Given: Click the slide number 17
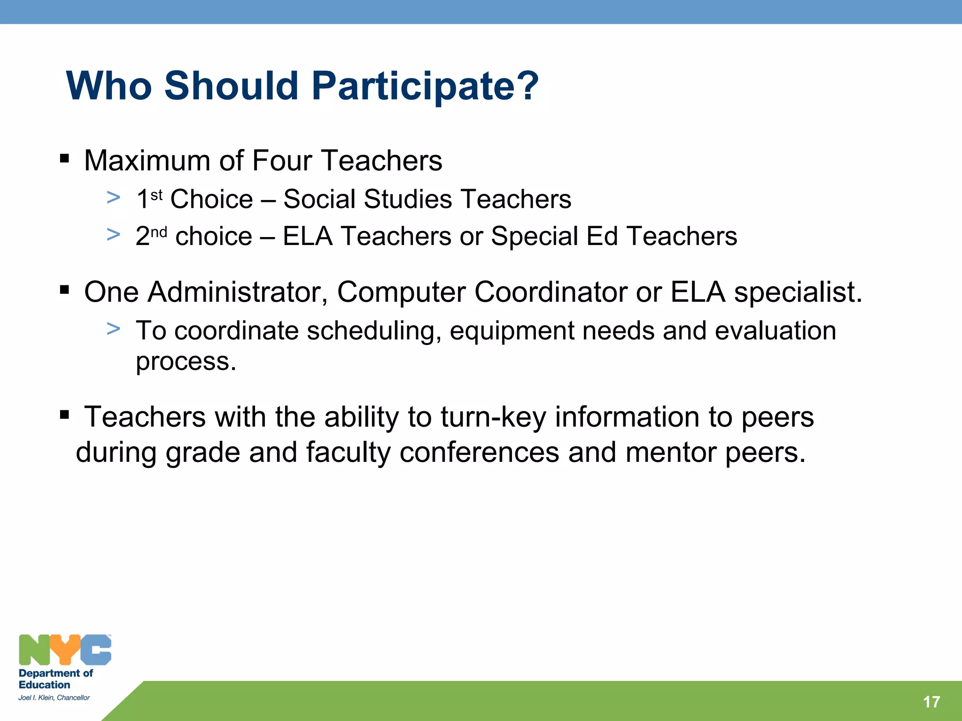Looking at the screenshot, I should click(x=931, y=702).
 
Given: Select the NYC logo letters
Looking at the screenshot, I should click(x=65, y=650).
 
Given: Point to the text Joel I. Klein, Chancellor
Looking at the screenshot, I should click(x=54, y=698).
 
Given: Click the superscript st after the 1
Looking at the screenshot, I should click(x=156, y=194).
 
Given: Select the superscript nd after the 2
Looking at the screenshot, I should click(x=159, y=232).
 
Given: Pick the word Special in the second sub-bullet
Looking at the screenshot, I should click(x=534, y=236).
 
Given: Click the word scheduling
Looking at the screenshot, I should click(x=374, y=331).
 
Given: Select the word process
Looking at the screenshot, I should click(x=186, y=362).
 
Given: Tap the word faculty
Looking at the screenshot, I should click(x=348, y=453).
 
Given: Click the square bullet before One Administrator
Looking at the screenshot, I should click(x=65, y=290).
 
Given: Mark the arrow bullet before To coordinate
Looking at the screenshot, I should click(x=113, y=329).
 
